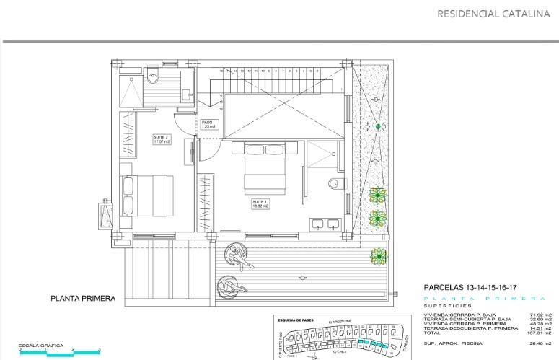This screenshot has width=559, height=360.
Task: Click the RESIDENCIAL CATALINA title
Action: coord(493,13)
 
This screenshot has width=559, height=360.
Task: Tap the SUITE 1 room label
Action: coord(260,203)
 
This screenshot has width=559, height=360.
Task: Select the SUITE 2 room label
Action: coord(161,139)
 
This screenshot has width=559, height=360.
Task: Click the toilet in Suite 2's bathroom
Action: coord(153,76)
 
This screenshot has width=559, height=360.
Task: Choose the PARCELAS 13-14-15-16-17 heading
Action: coord(470,287)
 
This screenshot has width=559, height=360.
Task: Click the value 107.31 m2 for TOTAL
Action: coord(540,333)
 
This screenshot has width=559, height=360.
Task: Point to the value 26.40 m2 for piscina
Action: coord(540,343)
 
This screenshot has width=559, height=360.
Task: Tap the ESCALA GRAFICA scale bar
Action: coord(59,352)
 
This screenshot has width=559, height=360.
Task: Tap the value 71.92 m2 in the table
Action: coord(540,315)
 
